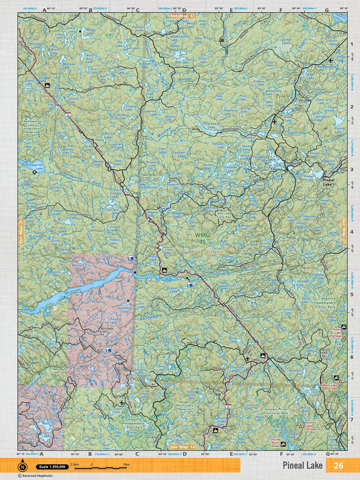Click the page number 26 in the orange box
click(x=338, y=465)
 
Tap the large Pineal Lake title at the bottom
click(x=303, y=465)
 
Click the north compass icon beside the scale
click(x=22, y=466)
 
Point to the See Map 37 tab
click(x=182, y=16)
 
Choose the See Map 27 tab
click(x=344, y=231)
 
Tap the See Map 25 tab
click(x=21, y=231)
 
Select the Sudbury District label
click(x=202, y=252)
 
